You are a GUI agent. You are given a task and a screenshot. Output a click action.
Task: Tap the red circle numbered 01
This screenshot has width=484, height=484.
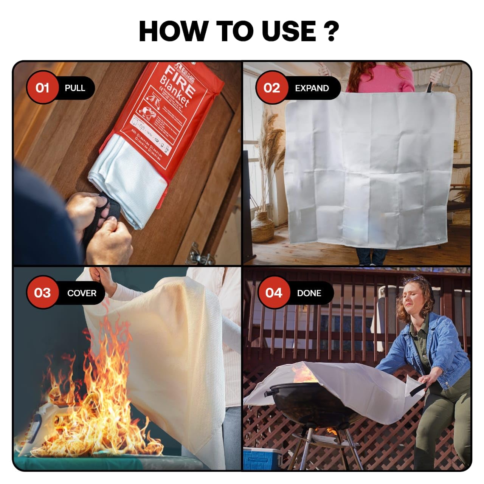[x=42, y=88]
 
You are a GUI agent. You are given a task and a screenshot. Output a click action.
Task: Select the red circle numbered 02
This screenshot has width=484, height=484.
[x=271, y=88]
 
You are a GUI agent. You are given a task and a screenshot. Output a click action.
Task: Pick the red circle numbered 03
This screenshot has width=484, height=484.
[x=42, y=293]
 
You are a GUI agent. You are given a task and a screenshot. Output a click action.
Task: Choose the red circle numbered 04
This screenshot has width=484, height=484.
[x=274, y=293]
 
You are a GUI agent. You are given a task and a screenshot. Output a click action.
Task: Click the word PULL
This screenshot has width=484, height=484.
[x=75, y=88]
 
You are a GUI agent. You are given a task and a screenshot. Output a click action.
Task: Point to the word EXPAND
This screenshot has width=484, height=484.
[x=312, y=88]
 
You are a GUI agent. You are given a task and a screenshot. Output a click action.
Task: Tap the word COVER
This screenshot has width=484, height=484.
[x=82, y=293]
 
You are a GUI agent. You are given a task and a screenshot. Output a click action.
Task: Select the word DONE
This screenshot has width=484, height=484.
[x=309, y=293]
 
